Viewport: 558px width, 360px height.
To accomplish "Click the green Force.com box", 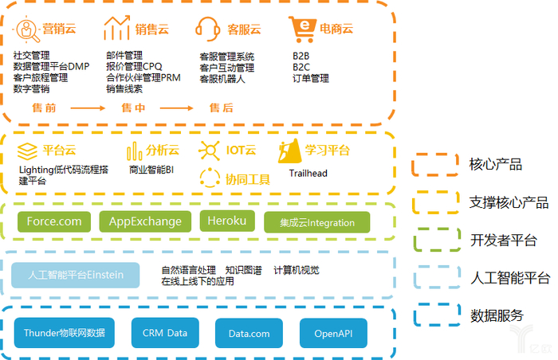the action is pyautogui.click(x=54, y=221).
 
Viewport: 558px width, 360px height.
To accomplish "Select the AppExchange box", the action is pyautogui.click(x=145, y=221).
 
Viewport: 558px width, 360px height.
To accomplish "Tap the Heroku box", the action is pyautogui.click(x=227, y=221).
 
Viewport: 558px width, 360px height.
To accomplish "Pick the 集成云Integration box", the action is pyautogui.click(x=316, y=223).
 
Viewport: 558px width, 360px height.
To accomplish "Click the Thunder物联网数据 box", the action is pyautogui.click(x=65, y=333).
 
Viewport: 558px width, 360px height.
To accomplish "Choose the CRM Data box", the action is pyautogui.click(x=165, y=333).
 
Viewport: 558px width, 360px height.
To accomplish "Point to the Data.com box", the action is pyautogui.click(x=249, y=334).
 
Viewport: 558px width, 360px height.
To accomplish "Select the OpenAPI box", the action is pyautogui.click(x=333, y=334).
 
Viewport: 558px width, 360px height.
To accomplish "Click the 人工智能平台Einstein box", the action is pyautogui.click(x=76, y=275).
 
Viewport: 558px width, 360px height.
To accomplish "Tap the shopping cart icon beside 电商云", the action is pyautogui.click(x=303, y=29).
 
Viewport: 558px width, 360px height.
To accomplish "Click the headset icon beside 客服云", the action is pyautogui.click(x=208, y=29).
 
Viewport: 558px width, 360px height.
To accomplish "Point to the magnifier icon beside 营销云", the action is pyautogui.click(x=26, y=30).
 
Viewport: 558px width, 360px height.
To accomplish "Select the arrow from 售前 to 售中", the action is pyautogui.click(x=88, y=108).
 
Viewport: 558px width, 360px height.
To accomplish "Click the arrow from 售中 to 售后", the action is pyautogui.click(x=176, y=108).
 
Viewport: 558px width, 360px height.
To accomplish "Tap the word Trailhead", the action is pyautogui.click(x=308, y=174).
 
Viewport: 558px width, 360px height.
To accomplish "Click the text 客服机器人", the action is pyautogui.click(x=222, y=79).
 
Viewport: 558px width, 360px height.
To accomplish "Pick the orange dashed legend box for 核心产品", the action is pyautogui.click(x=435, y=165).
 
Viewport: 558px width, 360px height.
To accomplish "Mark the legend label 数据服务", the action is pyautogui.click(x=497, y=315).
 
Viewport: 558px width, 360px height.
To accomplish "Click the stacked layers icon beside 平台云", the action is pyautogui.click(x=27, y=151).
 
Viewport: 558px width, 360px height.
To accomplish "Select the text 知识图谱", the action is pyautogui.click(x=243, y=270).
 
